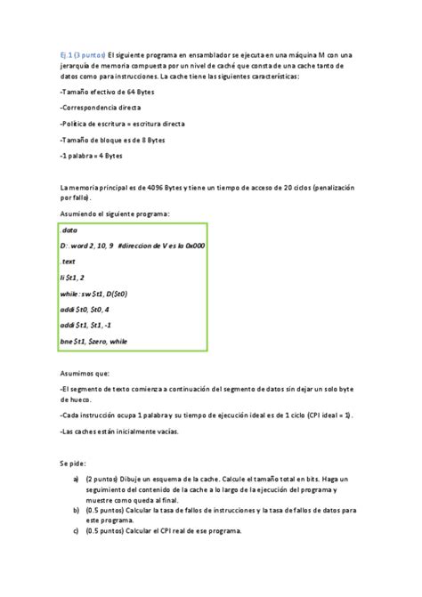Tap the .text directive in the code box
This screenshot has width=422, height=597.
[x=69, y=262]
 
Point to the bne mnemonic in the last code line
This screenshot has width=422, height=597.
[x=67, y=341]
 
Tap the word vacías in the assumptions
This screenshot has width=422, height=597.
[x=165, y=430]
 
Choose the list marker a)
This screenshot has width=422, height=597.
[x=76, y=479]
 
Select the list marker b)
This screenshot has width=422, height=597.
[x=76, y=510]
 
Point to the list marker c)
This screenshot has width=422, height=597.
[x=76, y=531]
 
